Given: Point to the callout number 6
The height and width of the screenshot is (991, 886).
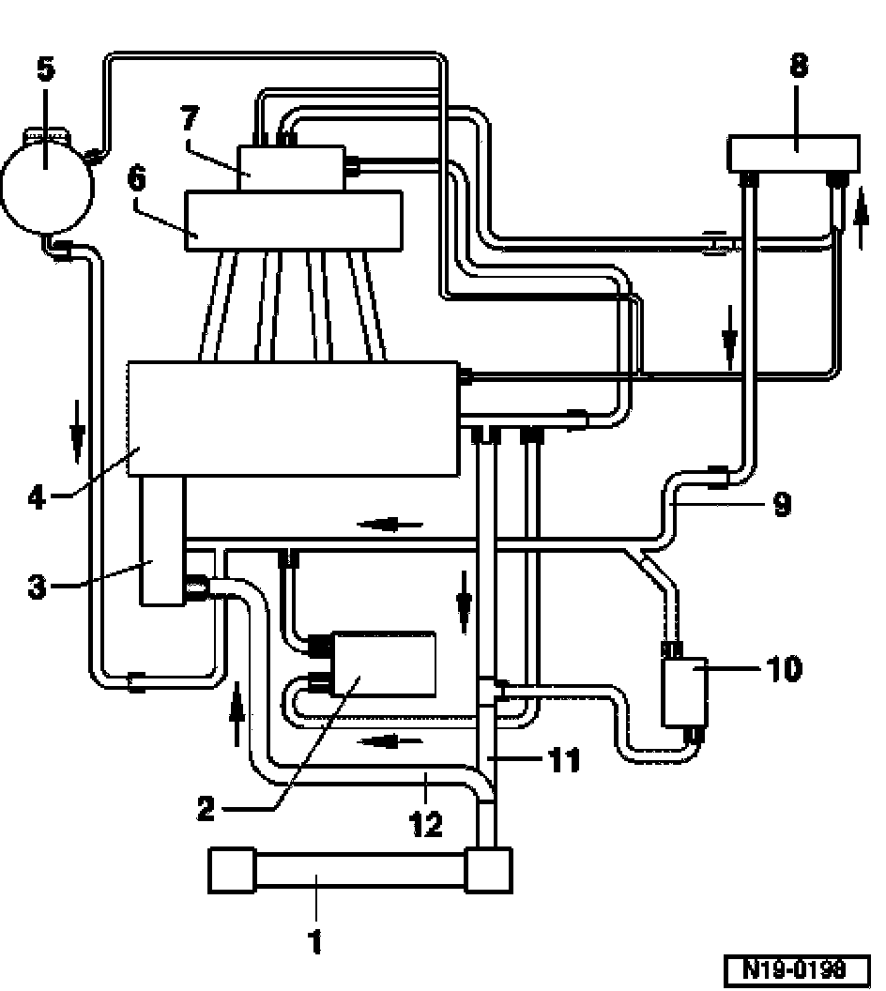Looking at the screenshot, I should [138, 178].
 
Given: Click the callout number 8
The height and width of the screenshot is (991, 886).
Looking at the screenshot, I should [798, 67].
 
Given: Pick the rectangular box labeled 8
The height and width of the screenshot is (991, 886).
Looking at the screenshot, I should [794, 151].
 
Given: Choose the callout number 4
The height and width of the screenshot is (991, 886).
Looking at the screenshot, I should [37, 495].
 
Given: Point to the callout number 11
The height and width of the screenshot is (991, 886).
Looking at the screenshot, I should [564, 758].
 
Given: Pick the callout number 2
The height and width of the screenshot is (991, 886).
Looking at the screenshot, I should [206, 808].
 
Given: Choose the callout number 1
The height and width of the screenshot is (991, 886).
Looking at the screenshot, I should [316, 939].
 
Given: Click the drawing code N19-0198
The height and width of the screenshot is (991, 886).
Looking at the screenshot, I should [797, 968].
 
